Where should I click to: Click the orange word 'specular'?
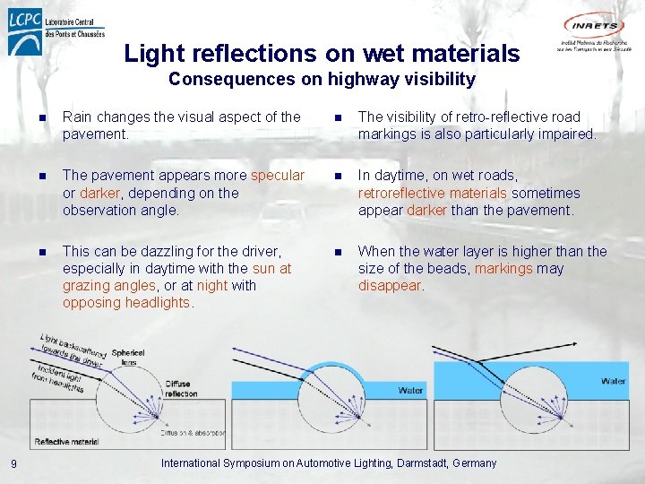(x=278, y=176)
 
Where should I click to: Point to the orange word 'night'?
(x=212, y=286)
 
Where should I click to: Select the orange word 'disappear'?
(x=390, y=286)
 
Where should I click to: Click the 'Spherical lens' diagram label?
(x=128, y=358)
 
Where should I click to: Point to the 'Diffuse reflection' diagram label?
(x=182, y=389)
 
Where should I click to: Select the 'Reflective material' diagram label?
(x=66, y=441)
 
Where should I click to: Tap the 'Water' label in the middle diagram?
(x=410, y=391)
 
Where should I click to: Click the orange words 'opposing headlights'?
(x=126, y=303)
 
